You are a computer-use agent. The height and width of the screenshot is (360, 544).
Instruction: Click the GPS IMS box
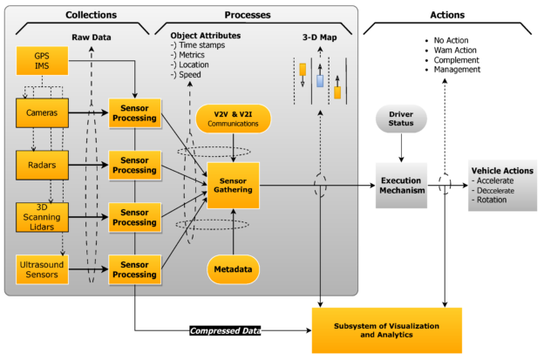(42, 61)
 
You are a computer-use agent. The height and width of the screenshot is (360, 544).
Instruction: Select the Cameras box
(42, 112)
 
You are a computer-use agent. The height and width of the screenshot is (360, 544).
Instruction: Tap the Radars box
(42, 165)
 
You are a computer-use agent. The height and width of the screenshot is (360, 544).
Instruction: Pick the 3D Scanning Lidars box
(42, 217)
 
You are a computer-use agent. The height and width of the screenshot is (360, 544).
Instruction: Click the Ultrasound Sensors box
(42, 269)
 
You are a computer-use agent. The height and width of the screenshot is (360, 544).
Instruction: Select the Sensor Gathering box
(233, 185)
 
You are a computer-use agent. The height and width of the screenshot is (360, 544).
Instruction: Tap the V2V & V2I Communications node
(233, 119)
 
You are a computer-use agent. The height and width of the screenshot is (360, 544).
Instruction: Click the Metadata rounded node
(233, 269)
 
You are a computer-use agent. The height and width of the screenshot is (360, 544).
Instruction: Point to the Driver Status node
(401, 119)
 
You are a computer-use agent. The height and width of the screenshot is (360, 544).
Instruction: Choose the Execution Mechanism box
(401, 185)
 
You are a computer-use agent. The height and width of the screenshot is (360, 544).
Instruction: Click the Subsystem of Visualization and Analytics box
(387, 330)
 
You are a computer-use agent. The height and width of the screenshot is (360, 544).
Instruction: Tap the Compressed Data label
(225, 330)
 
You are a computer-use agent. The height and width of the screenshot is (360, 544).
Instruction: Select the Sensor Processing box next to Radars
(134, 165)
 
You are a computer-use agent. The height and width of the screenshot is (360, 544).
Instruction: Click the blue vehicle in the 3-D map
(320, 81)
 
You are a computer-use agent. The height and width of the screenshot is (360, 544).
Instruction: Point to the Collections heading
(92, 15)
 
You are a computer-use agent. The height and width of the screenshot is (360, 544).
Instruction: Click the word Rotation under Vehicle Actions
(492, 200)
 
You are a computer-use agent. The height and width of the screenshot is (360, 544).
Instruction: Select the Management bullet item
(457, 70)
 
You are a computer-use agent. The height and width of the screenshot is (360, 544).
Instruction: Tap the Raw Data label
(92, 37)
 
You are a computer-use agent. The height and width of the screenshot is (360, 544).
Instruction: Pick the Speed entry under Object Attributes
(190, 75)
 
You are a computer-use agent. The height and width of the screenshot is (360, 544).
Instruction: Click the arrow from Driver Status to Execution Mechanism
(401, 147)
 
